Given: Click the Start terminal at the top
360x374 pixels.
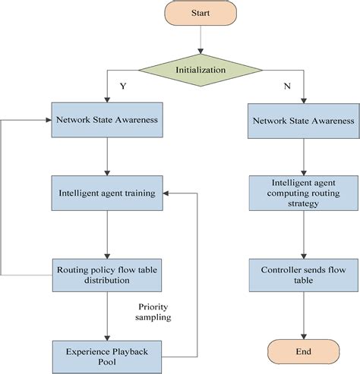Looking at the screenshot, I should tap(200, 14).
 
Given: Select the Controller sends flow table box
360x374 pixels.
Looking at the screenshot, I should tap(304, 273).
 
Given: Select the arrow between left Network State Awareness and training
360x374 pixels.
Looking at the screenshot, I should tap(106, 157).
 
